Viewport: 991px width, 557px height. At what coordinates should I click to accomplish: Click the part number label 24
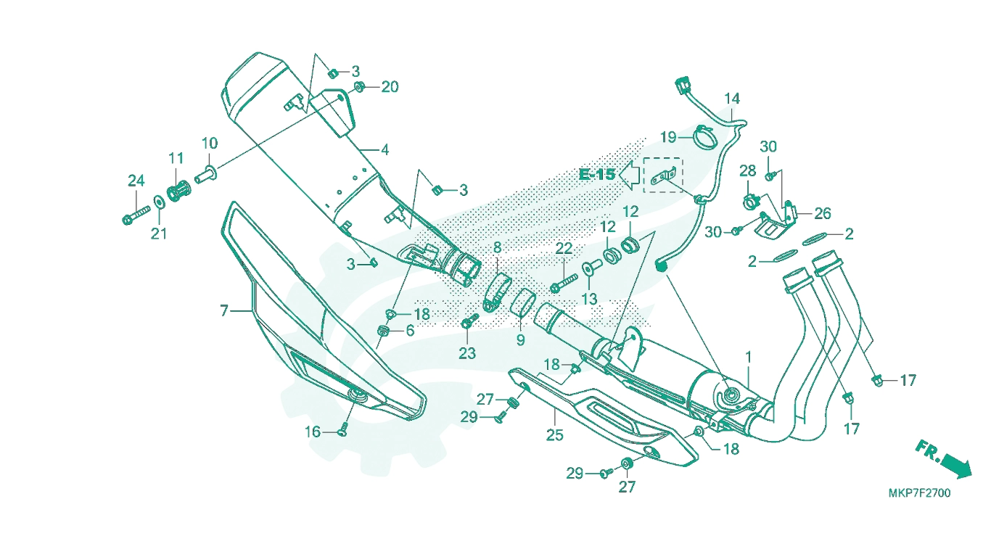point(136,181)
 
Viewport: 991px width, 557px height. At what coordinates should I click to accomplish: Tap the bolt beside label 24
point(136,215)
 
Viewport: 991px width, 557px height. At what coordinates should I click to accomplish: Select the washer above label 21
point(159,202)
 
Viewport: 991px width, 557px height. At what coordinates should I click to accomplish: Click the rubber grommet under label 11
point(178,191)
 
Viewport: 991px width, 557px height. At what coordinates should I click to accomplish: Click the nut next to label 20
point(359,87)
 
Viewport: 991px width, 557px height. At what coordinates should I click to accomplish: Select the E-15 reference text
point(597,174)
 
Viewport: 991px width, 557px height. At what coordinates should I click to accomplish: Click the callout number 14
point(732,98)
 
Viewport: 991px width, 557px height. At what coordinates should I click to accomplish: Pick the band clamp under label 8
point(496,292)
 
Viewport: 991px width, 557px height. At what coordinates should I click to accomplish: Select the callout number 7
point(224,310)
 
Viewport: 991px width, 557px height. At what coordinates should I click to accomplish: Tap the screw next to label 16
point(343,429)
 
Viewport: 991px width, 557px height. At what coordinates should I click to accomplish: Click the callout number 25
point(555,435)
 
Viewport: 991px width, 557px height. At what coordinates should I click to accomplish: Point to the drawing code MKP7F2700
point(919,493)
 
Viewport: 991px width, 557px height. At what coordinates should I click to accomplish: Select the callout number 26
point(823,214)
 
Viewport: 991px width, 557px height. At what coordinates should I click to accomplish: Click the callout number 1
point(749,357)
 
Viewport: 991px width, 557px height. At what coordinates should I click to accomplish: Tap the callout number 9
point(521,339)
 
